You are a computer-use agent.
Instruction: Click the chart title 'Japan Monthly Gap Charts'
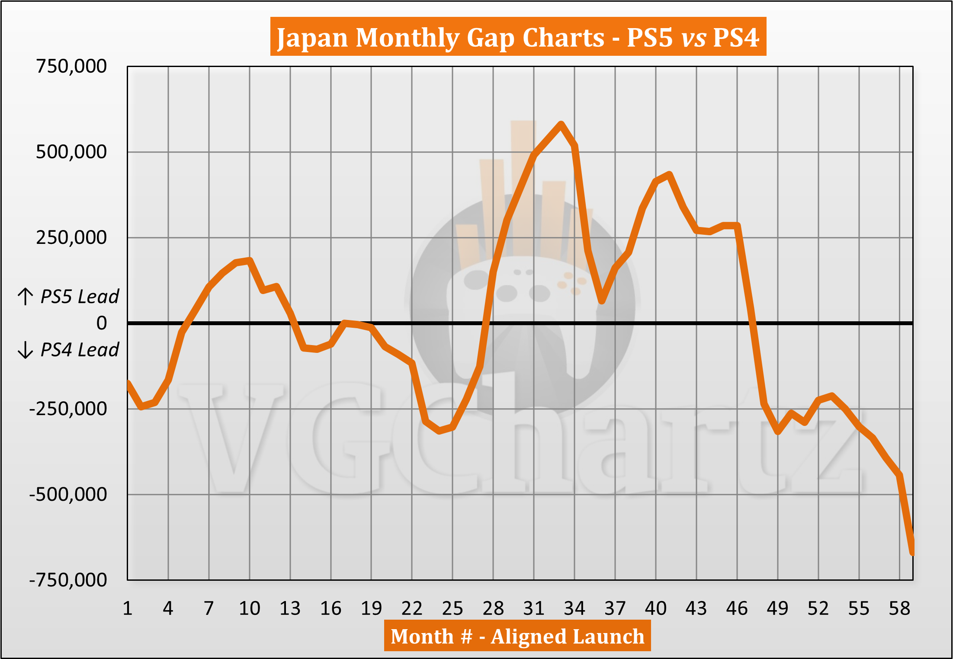[440, 38]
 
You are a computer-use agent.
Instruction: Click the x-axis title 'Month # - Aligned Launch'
[517, 636]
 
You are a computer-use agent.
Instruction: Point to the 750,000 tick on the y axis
[71, 67]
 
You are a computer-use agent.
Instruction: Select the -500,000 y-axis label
[68, 494]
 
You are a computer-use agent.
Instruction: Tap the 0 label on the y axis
[102, 323]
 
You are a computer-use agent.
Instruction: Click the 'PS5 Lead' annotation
[80, 297]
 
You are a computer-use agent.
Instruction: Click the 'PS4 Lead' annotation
[80, 350]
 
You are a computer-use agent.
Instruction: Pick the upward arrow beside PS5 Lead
[26, 297]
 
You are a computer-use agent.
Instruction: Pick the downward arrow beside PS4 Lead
[26, 350]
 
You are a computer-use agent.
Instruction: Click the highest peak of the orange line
[561, 124]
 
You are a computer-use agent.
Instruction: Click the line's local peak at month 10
[250, 260]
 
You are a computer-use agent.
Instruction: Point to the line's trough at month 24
[439, 431]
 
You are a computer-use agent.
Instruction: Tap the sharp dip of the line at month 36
[602, 301]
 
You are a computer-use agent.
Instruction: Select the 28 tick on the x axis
[493, 608]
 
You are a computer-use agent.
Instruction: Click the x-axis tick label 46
[737, 608]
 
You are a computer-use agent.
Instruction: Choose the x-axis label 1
[127, 608]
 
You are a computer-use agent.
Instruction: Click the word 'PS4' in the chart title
[736, 38]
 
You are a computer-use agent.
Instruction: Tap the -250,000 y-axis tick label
[68, 409]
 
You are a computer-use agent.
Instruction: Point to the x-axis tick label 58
[899, 608]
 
